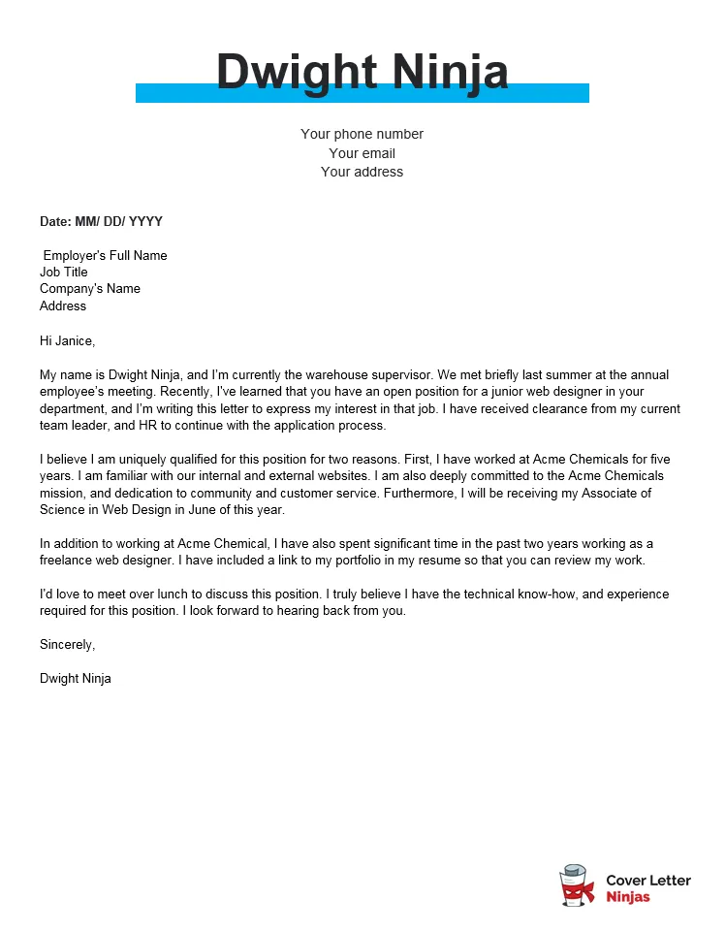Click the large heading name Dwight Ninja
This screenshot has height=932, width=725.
click(x=362, y=73)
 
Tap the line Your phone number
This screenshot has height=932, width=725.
click(x=362, y=134)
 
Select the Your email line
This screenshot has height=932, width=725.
click(x=362, y=153)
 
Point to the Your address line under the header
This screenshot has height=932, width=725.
click(x=362, y=172)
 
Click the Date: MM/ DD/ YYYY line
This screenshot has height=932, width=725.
click(x=101, y=221)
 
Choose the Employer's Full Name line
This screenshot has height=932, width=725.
click(x=105, y=255)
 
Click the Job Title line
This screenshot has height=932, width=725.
click(x=64, y=272)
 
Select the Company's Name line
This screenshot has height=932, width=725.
click(x=90, y=288)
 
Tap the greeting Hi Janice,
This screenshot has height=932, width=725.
click(x=68, y=340)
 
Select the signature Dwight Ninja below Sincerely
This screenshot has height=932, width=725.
click(x=76, y=678)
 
